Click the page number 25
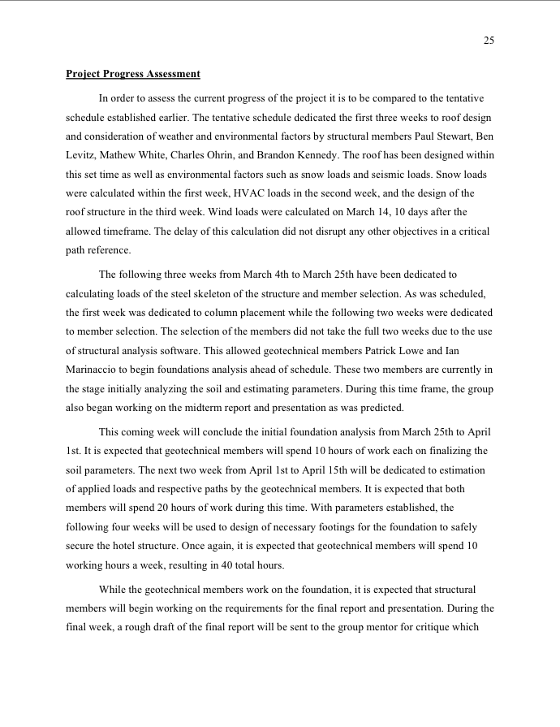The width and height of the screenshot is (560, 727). click(489, 41)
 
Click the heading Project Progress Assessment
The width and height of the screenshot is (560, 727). click(133, 74)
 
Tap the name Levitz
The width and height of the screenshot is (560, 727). click(81, 154)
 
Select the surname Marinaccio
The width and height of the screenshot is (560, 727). click(93, 370)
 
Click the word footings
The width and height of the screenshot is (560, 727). click(315, 529)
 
